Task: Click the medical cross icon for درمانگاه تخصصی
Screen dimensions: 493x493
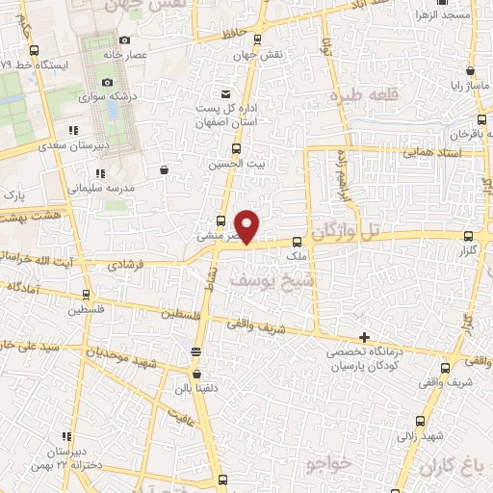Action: click(x=363, y=338)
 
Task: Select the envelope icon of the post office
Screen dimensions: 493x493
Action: click(x=225, y=94)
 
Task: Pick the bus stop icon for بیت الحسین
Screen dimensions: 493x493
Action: click(x=237, y=148)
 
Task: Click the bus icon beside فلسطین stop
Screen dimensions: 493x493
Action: click(x=87, y=295)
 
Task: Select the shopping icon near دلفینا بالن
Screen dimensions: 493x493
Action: click(x=197, y=375)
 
